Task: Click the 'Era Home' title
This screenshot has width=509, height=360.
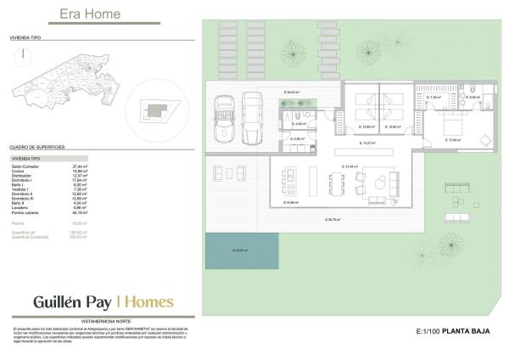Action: [90, 14]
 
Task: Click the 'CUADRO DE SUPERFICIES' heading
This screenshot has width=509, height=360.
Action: [37, 147]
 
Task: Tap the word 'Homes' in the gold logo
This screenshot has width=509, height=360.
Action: [148, 301]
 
